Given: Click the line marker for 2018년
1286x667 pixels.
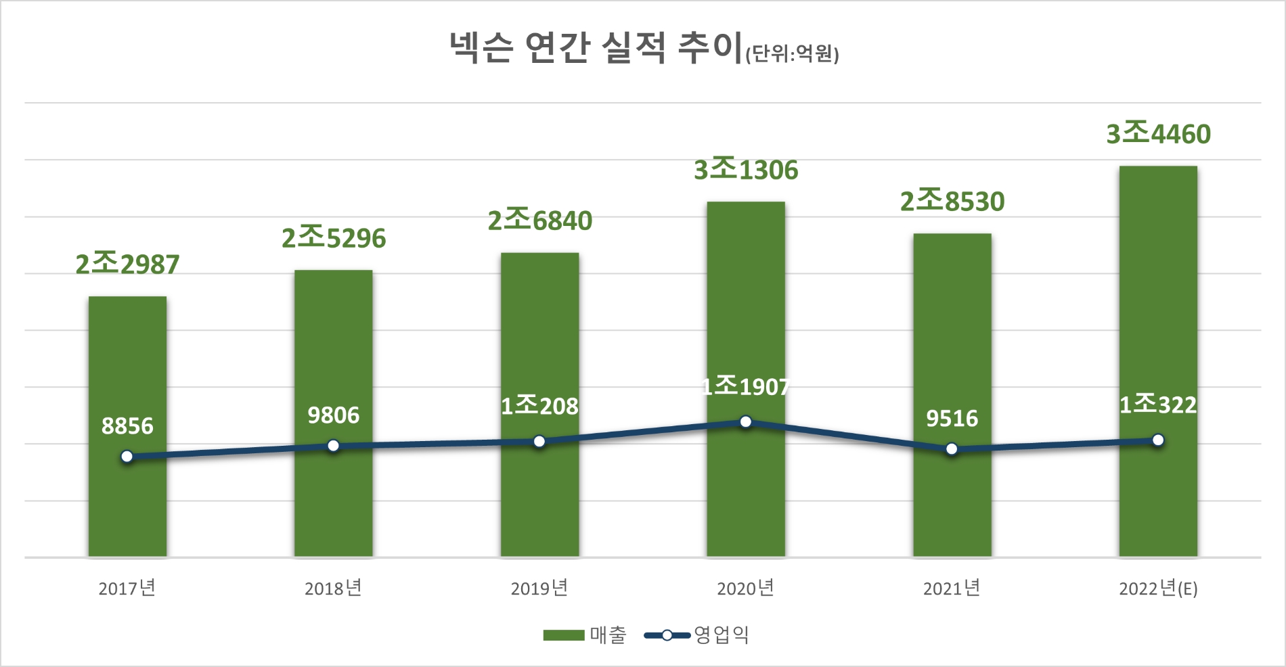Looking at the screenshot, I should [x=333, y=446].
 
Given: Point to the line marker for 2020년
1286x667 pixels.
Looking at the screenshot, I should [x=746, y=422].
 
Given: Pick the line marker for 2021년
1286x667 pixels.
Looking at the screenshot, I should [x=952, y=449].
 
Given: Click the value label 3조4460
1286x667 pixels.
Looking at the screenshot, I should [x=1158, y=134].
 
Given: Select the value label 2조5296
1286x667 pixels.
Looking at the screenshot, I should [x=334, y=238].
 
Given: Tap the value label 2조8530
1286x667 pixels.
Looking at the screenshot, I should [x=952, y=202].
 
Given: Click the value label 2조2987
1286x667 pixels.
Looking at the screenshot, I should [x=127, y=264].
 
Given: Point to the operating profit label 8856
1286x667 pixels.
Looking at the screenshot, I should [x=127, y=426].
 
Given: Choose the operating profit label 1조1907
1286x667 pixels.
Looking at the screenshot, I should [x=746, y=386].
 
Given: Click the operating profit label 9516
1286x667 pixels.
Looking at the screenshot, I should [x=952, y=419].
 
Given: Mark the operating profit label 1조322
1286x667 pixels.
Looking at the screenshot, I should [x=1158, y=405].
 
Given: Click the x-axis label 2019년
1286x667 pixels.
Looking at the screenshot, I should [x=539, y=589].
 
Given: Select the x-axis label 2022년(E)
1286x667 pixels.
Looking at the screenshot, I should [x=1158, y=589].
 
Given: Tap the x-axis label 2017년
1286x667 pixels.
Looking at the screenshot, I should [x=127, y=589].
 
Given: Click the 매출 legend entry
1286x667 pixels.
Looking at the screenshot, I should [x=585, y=635].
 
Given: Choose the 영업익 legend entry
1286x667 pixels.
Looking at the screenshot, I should [x=697, y=635].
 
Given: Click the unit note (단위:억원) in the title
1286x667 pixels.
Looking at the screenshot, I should [x=792, y=54].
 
